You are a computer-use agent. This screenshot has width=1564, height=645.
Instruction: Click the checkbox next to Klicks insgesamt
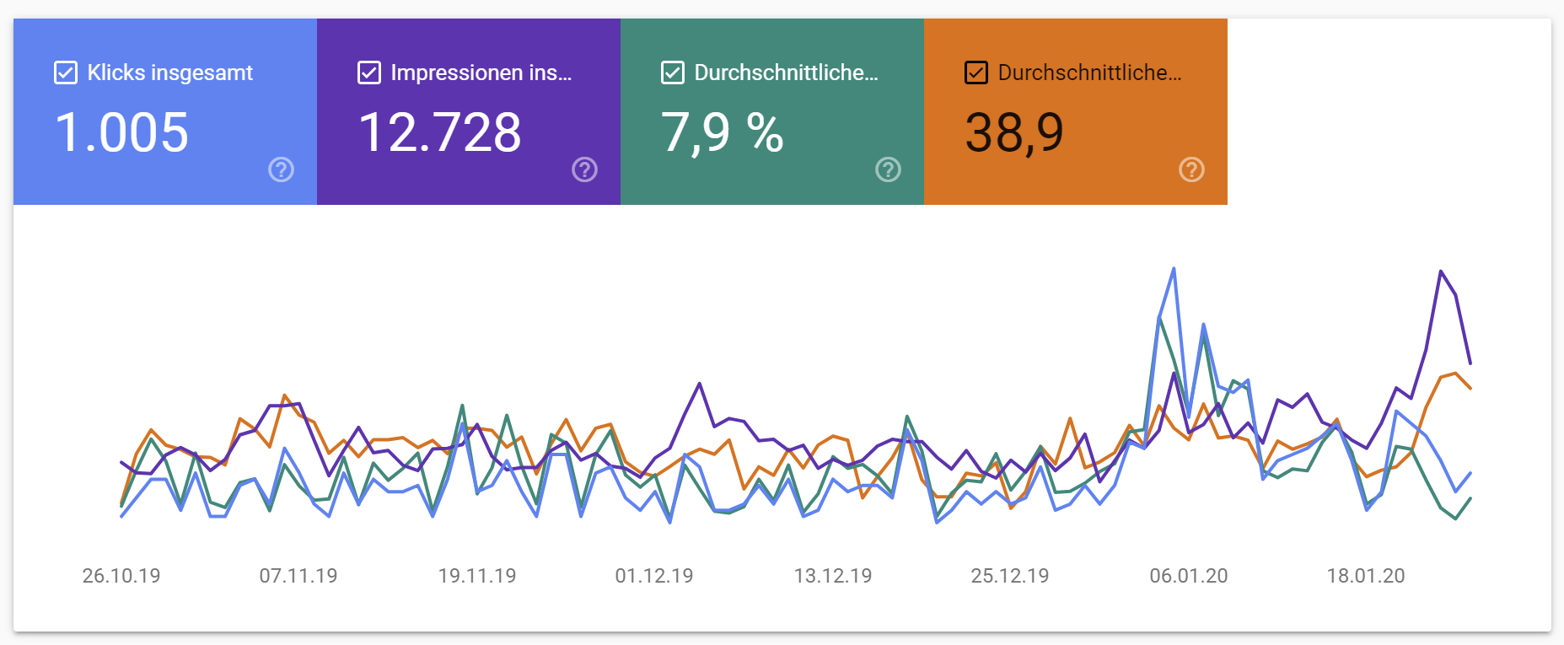coord(66,73)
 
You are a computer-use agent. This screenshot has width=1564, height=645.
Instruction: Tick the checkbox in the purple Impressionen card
coord(369,73)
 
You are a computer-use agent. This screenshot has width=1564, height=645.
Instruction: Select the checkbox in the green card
coord(673,73)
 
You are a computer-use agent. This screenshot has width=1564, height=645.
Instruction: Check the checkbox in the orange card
coord(976,73)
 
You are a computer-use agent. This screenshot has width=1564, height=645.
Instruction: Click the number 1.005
coord(121,132)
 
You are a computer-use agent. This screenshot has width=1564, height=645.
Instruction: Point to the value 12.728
coord(439,132)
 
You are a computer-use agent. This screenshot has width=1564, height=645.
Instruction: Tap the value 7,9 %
coord(723,132)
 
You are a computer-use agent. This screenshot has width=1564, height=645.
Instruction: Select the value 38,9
coord(1014,132)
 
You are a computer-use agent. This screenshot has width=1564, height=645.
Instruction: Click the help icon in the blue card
coord(281,169)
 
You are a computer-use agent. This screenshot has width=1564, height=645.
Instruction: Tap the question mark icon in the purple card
coord(584,169)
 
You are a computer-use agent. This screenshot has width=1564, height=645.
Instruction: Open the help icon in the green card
coord(888,169)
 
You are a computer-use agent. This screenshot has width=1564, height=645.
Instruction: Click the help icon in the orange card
coord(1191,169)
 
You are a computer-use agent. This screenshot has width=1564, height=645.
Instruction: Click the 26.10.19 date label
coord(121,576)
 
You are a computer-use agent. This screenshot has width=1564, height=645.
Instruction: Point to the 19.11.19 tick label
coord(477,576)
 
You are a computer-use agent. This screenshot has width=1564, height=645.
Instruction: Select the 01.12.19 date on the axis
coord(654,576)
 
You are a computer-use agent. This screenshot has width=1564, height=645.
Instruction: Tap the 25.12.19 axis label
coord(1010,576)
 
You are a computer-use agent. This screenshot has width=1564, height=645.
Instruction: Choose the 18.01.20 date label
coord(1366,576)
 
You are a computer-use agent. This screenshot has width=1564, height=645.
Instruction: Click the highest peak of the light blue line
coord(1174,270)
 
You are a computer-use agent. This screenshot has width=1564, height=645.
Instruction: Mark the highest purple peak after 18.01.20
coord(1441,271)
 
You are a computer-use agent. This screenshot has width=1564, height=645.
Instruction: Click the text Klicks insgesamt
coord(169,73)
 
